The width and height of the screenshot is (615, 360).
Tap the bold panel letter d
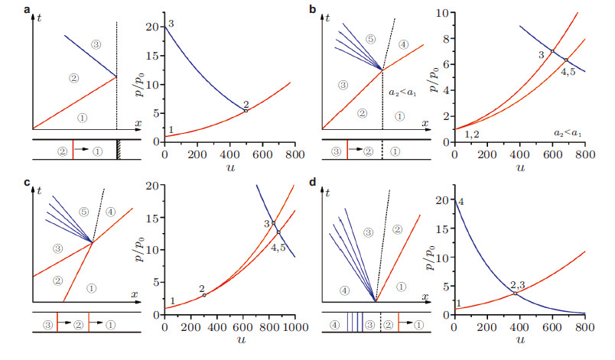point(312,183)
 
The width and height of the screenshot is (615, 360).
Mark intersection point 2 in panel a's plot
point(246,111)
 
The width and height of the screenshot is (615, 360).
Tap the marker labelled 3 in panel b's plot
point(552,51)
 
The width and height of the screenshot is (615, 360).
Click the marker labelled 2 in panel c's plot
point(203,295)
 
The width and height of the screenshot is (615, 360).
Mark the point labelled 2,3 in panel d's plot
point(516,293)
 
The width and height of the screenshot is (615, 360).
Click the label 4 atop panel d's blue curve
point(460,200)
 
